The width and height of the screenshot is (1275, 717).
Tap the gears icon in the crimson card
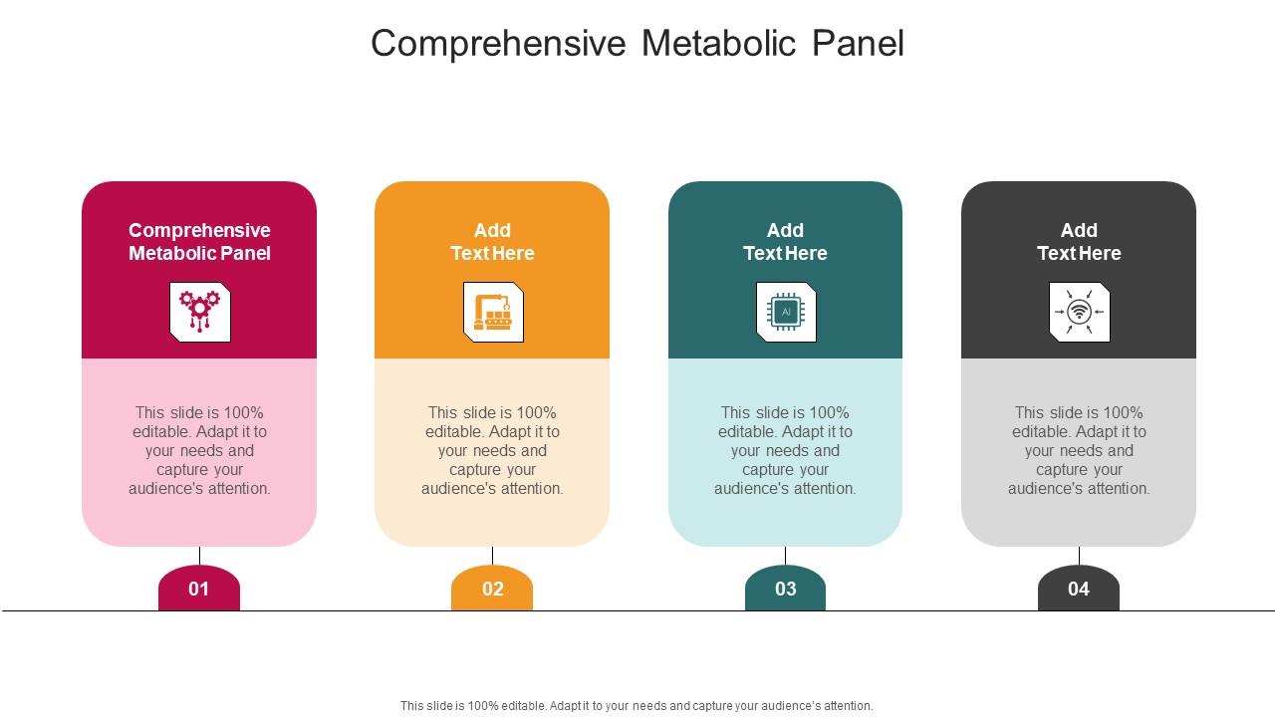199,312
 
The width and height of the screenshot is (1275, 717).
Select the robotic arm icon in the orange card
493,312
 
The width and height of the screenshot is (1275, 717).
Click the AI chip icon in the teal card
786,312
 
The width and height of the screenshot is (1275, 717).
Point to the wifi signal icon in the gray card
1079,312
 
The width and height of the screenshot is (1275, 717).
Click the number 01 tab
199,589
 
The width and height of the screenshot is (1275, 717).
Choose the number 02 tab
492,589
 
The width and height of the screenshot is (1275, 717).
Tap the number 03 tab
785,589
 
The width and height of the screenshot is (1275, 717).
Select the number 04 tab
1079,589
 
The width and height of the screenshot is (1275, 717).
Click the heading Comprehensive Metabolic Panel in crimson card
199,242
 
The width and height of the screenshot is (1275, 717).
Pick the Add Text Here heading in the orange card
492,242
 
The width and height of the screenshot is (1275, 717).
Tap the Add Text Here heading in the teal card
785,242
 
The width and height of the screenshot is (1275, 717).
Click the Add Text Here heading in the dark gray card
1079,242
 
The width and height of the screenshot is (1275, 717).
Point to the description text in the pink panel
199,450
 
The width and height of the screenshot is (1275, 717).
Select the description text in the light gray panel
1079,450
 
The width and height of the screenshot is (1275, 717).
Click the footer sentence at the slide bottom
637,706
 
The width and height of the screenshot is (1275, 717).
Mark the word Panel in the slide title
858,44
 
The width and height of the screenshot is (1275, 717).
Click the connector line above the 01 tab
199,556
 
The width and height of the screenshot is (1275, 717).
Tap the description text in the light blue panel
785,450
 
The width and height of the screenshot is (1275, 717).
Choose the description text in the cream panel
492,450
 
